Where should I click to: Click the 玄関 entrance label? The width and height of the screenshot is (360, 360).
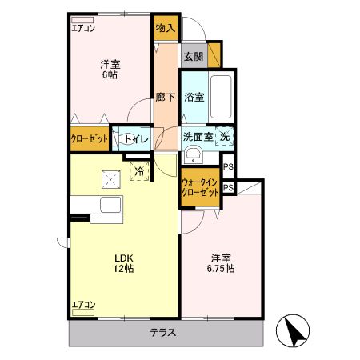click(x=194, y=57)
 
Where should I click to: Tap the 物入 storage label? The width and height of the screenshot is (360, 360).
click(x=166, y=28)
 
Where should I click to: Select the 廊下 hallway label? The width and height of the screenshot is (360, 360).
click(x=166, y=97)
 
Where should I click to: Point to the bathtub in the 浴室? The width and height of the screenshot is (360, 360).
click(x=221, y=97)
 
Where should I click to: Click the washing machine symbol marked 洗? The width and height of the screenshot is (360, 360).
click(x=224, y=137)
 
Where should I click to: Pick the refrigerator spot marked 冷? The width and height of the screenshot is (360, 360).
click(x=139, y=171)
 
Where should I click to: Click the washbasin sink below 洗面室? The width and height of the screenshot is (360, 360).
click(x=194, y=154)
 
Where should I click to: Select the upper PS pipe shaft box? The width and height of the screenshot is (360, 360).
click(x=228, y=166)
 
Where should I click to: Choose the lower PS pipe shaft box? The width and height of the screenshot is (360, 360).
click(x=228, y=187)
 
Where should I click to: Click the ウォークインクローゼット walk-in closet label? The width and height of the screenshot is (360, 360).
click(x=200, y=187)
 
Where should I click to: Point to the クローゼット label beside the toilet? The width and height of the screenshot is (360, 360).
click(x=90, y=138)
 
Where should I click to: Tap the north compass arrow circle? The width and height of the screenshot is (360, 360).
click(x=293, y=330)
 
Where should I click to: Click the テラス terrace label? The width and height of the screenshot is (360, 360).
click(x=163, y=333)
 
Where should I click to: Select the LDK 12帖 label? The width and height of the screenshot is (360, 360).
click(x=124, y=263)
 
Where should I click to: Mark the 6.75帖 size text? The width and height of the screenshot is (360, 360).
click(x=221, y=268)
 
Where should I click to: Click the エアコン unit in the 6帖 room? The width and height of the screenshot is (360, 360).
click(x=82, y=20)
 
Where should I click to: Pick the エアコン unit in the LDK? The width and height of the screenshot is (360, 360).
click(x=83, y=312)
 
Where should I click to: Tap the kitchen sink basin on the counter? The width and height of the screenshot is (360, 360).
click(x=111, y=205)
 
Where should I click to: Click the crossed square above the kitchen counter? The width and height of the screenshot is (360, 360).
click(x=111, y=179)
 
